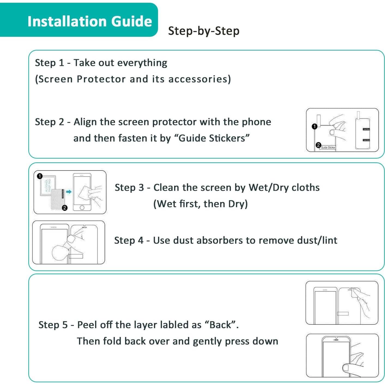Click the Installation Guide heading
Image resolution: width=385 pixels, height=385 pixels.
(x=90, y=21)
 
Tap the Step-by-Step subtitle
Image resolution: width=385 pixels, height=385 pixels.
(x=204, y=31)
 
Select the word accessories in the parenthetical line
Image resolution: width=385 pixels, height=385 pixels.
(x=199, y=79)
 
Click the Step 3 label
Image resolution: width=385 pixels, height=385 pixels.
(x=129, y=187)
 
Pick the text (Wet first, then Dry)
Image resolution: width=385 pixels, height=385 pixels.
(x=200, y=204)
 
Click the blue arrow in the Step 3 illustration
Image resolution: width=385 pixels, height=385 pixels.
(x=69, y=192)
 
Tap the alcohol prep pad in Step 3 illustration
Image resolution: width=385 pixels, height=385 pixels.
(x=48, y=186)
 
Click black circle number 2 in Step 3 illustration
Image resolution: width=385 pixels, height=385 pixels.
(x=65, y=208)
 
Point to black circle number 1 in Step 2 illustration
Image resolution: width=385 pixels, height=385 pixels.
(x=314, y=126)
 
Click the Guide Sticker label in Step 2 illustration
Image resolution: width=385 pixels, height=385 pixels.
(x=328, y=147)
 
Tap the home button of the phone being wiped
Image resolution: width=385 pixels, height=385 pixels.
(x=82, y=208)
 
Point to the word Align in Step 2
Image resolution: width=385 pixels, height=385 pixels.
(x=85, y=122)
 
